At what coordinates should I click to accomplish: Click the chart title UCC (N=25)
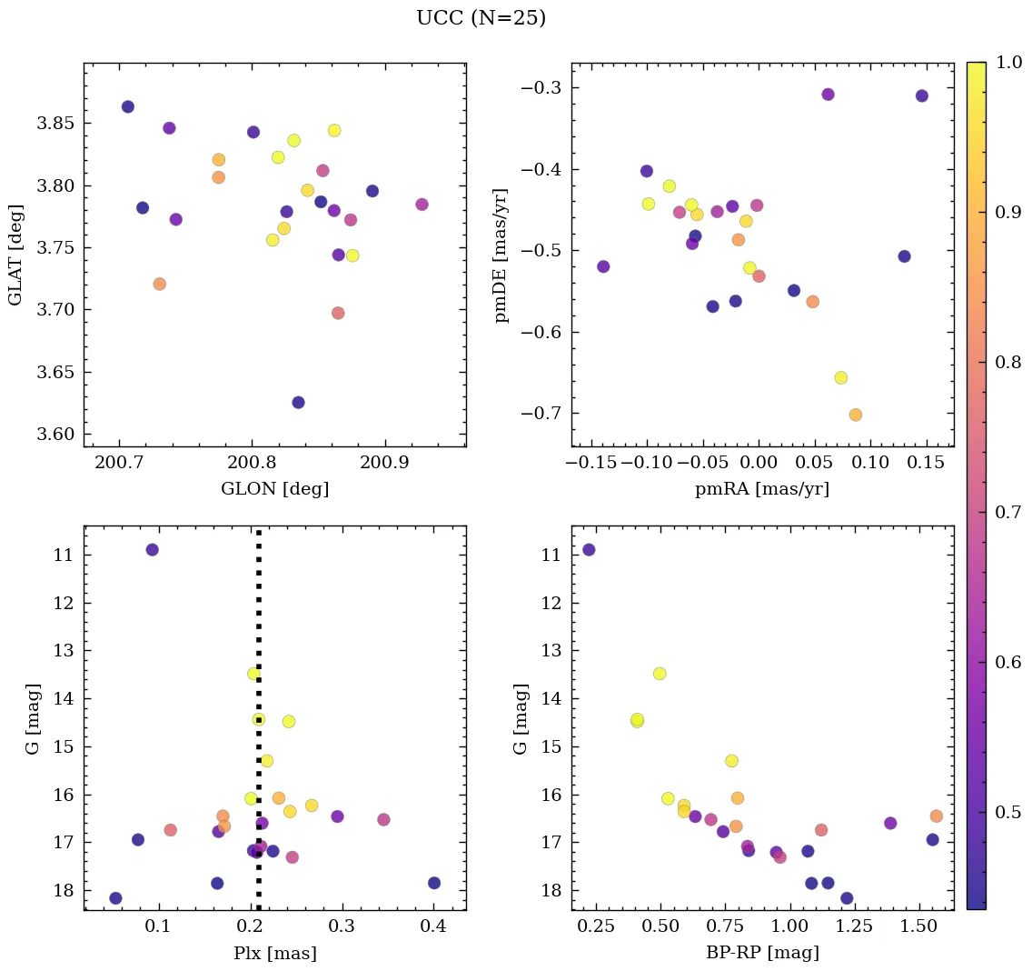(481, 18)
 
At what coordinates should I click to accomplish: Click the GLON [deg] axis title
(274, 488)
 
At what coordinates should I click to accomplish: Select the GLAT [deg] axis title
(15, 255)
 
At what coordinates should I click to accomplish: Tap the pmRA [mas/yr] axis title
(762, 488)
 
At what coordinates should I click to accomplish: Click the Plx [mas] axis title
(274, 953)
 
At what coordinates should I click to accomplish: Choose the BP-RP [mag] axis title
(762, 953)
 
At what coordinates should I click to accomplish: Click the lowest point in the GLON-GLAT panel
(298, 402)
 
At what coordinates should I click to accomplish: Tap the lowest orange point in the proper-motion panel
(855, 415)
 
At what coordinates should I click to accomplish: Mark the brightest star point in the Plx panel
(152, 549)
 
